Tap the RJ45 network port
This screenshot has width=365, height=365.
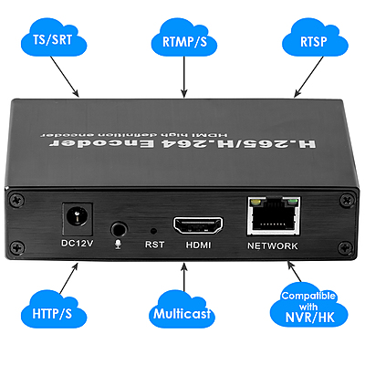pyautogui.click(x=271, y=215)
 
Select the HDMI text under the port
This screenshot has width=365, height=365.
pyautogui.click(x=199, y=245)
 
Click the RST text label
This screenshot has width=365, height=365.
pyautogui.click(x=154, y=245)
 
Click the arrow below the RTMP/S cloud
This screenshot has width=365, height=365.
pyautogui.click(x=182, y=80)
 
